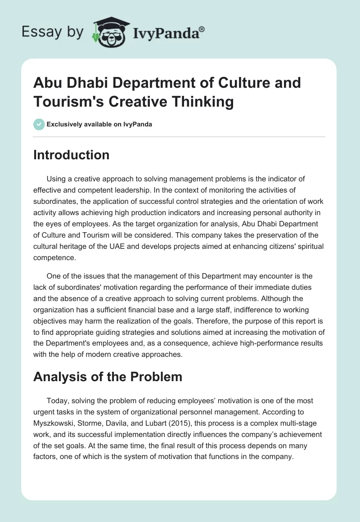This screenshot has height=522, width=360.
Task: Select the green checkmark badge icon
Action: click(x=39, y=124)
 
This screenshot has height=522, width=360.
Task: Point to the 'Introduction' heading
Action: click(x=72, y=155)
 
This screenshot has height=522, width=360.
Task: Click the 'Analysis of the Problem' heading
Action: click(x=108, y=376)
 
